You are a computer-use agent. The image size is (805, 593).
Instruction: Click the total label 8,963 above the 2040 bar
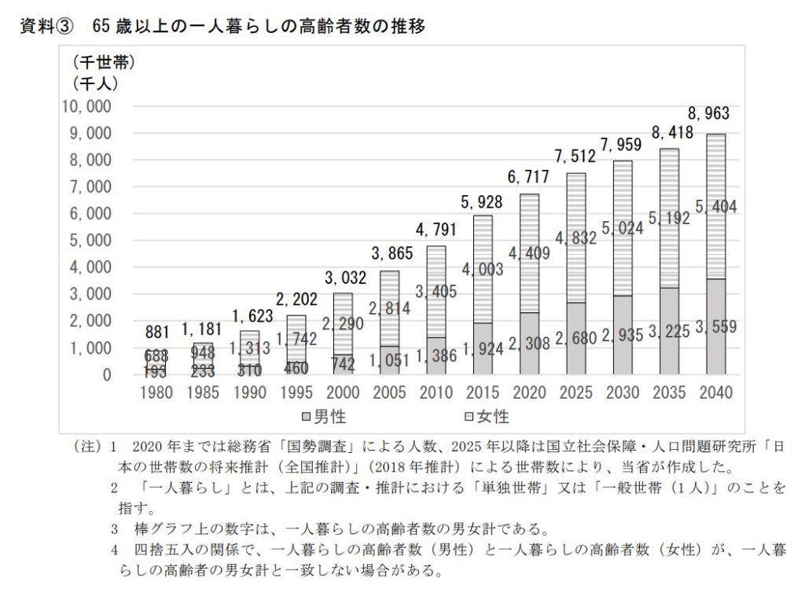[x=709, y=113]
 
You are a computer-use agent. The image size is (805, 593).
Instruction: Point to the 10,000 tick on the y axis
[x=86, y=106]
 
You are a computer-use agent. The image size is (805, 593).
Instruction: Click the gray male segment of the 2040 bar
[x=715, y=346]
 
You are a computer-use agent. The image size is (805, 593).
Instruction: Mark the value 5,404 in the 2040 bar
[x=716, y=208]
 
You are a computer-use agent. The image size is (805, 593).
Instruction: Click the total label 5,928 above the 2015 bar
[x=483, y=202]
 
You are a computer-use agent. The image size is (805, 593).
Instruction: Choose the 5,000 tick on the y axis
[x=90, y=241]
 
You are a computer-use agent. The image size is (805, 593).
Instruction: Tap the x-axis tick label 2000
[x=342, y=392]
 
